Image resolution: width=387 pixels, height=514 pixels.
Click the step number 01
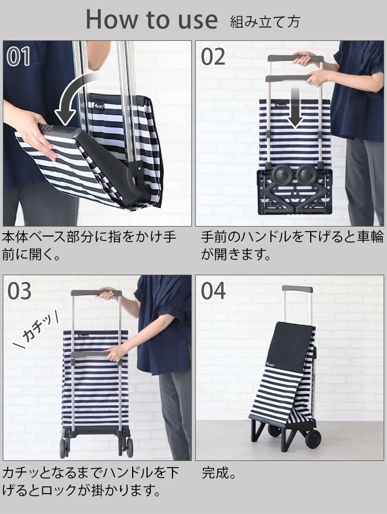pyautogui.click(x=18, y=56)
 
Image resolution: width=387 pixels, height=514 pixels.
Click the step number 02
pyautogui.click(x=213, y=56)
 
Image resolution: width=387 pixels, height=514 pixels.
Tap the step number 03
pyautogui.click(x=19, y=291)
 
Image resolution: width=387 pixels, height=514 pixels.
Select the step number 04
pyautogui.click(x=213, y=291)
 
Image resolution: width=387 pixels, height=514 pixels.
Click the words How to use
pyautogui.click(x=151, y=20)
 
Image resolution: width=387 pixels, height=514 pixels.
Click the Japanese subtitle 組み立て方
pyautogui.click(x=265, y=22)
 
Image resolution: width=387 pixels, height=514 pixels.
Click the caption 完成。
pyautogui.click(x=219, y=473)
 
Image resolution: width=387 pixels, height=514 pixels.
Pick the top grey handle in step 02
pyautogui.click(x=295, y=59)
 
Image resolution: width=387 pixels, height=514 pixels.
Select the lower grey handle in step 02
pyautogui.click(x=288, y=78)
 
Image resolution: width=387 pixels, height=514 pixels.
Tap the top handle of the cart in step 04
pyautogui.click(x=297, y=290)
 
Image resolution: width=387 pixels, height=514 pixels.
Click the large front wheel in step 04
pyautogui.click(x=313, y=438)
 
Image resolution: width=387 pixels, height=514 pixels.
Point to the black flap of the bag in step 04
pyautogui.click(x=290, y=347)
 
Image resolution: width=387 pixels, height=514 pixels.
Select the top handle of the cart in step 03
pyautogui.click(x=96, y=293)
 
